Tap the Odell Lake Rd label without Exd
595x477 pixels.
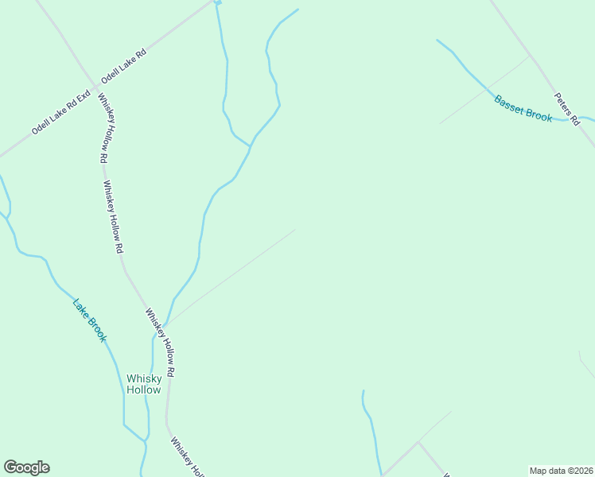click(x=123, y=67)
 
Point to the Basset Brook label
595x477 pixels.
click(x=523, y=109)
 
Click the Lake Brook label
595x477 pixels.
click(x=89, y=320)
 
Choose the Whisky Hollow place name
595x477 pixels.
click(x=144, y=384)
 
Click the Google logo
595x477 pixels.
click(x=26, y=467)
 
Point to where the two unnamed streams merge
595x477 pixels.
click(x=251, y=147)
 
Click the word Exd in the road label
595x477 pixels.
click(x=83, y=99)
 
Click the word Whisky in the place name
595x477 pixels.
click(x=144, y=378)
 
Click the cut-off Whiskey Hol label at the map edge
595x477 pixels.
click(x=188, y=458)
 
